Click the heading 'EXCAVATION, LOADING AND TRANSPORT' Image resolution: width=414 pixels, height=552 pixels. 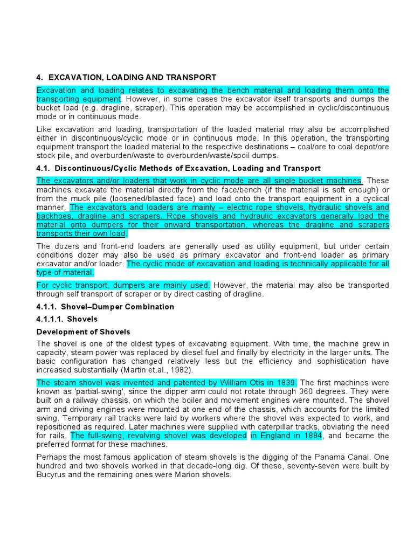(x=132, y=78)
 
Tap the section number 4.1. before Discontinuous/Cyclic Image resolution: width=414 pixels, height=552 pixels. (x=45, y=169)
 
